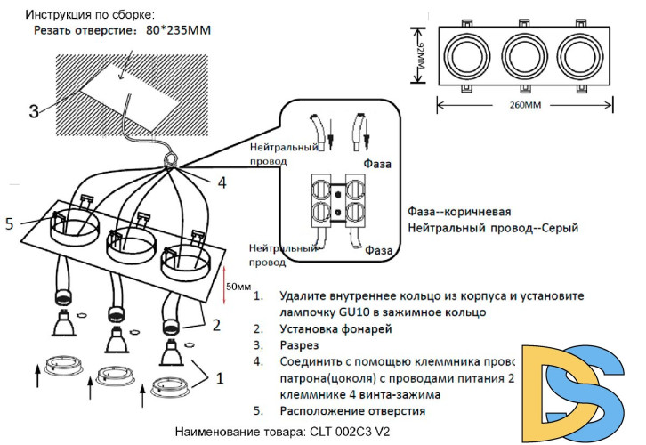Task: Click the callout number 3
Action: point(33,111)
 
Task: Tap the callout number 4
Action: point(222,182)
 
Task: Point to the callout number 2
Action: point(215,325)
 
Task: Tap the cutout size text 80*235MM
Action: point(180,29)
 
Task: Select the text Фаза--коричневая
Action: point(458,212)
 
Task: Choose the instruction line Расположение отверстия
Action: point(352,410)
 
